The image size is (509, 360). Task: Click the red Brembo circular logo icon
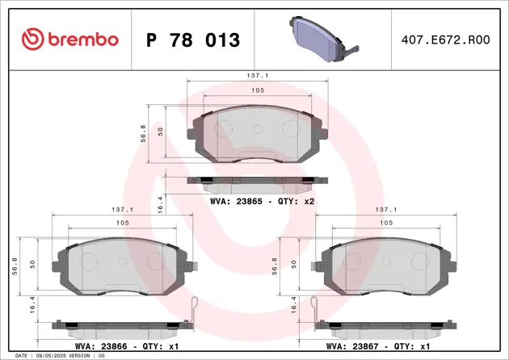pos(32,37)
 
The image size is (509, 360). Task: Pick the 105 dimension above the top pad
pos(256,91)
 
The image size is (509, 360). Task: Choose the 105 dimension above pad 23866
pos(122,223)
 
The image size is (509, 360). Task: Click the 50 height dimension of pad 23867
pos(295,263)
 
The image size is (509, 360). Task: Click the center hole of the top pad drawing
pos(257,128)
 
